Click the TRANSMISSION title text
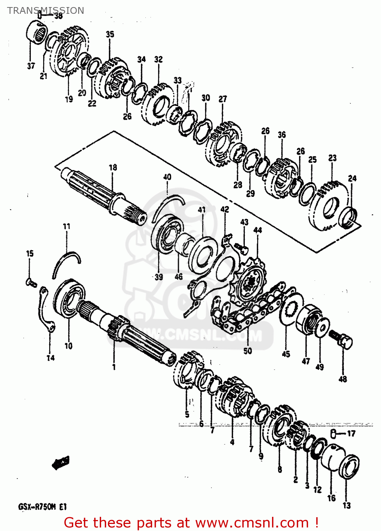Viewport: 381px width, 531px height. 46,10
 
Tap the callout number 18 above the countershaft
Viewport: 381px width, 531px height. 113,167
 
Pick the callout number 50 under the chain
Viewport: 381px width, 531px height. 248,350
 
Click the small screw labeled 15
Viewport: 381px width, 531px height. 31,282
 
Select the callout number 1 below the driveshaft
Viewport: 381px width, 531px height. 114,367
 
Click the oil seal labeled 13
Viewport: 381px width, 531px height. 349,467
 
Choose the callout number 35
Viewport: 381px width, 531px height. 110,34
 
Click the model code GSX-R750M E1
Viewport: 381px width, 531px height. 42,507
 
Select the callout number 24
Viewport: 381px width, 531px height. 352,178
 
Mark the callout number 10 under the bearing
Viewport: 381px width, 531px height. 69,346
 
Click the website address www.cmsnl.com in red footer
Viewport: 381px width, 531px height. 252,523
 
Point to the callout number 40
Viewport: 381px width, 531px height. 167,177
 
